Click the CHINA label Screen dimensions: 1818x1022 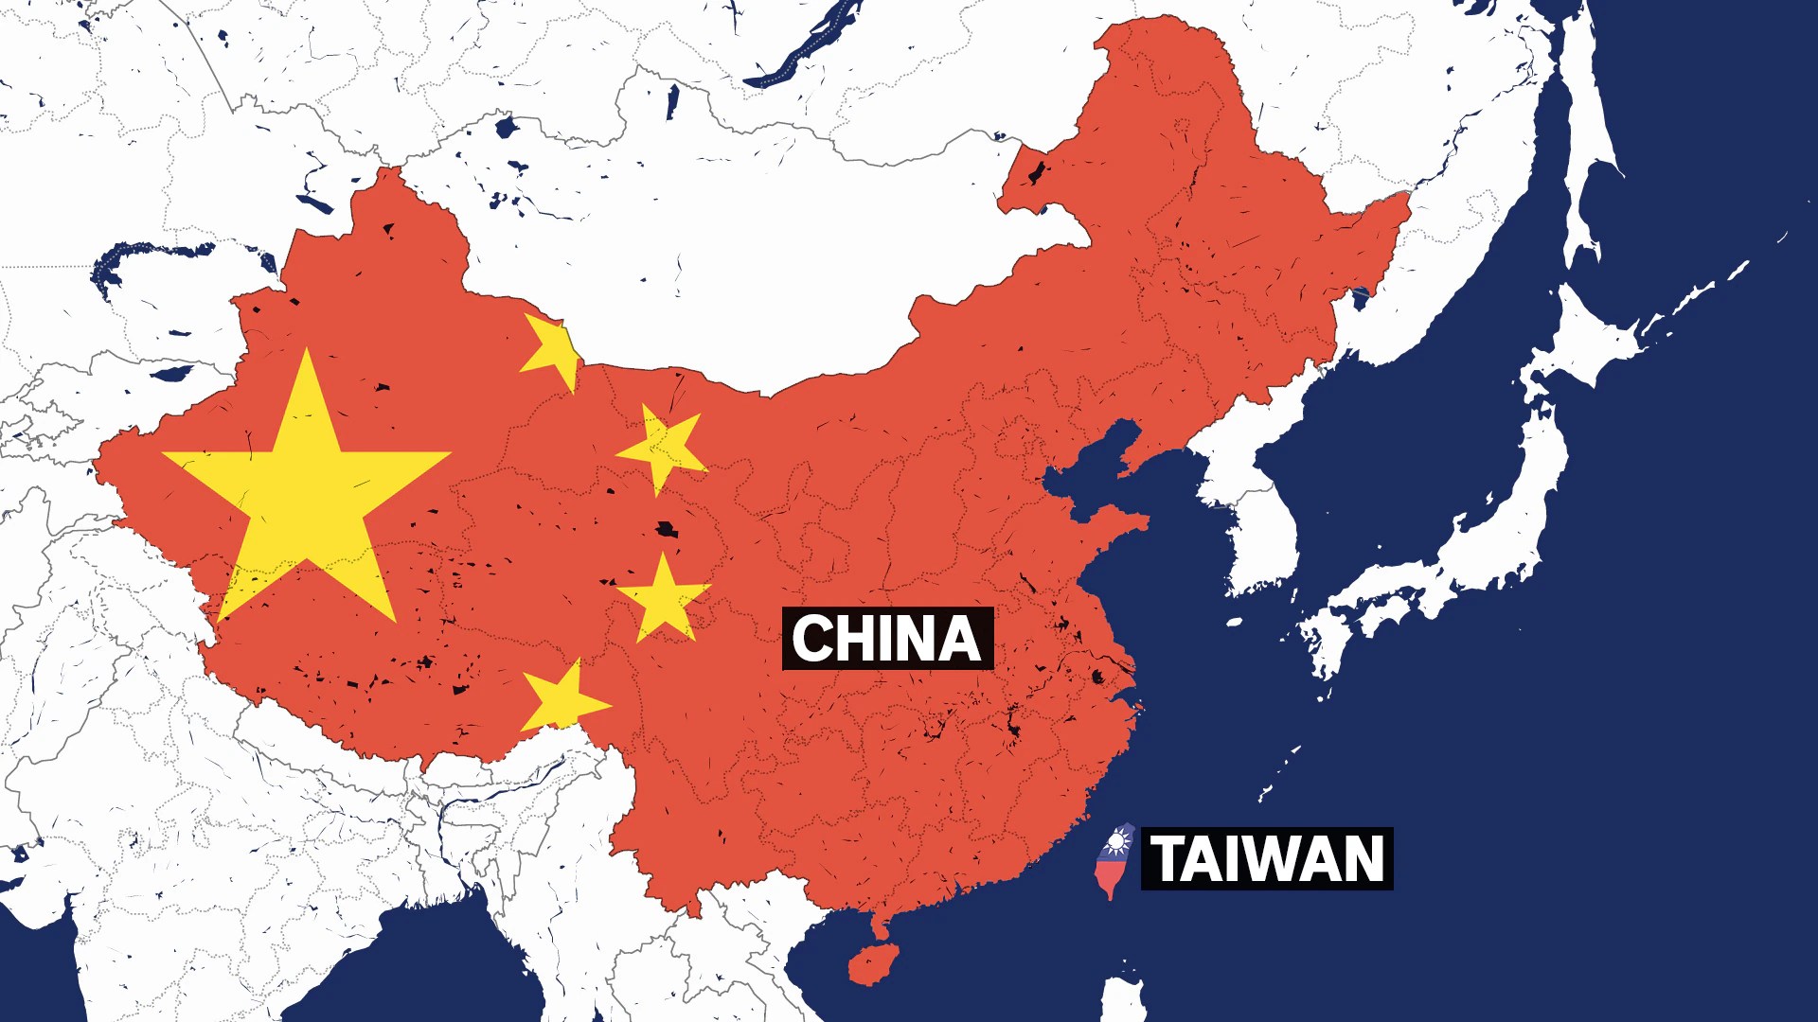coord(887,639)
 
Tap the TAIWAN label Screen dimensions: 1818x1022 coord(1267,858)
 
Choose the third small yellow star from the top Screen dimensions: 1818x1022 coord(664,599)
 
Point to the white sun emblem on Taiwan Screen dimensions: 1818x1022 coord(1118,841)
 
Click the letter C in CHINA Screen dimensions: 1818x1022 coord(811,639)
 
